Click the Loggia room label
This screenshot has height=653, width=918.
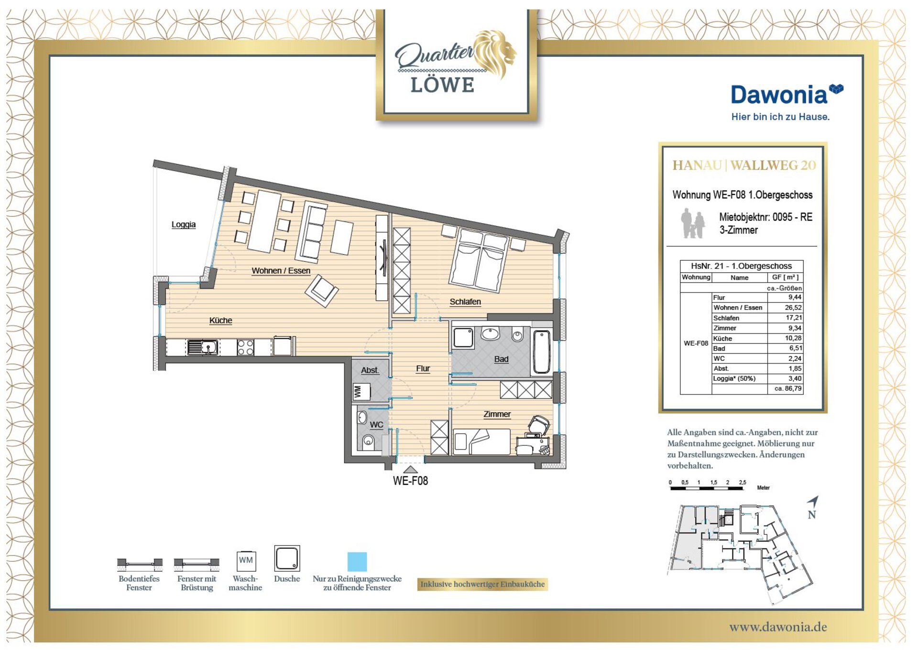point(184,225)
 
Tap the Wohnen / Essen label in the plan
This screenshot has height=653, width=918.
point(281,271)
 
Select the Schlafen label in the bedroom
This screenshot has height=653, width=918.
point(465,302)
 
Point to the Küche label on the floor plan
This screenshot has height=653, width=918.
point(220,321)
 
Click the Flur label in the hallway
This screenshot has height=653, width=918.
point(423,369)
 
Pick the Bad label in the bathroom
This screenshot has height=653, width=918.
point(501,359)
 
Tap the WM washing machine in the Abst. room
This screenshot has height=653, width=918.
point(361,392)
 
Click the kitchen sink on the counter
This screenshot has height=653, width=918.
point(203,347)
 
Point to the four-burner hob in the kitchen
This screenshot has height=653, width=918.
point(245,347)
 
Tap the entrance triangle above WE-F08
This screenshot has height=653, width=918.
point(410,470)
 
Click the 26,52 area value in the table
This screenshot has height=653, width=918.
point(793,308)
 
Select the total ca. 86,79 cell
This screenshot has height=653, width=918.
point(788,388)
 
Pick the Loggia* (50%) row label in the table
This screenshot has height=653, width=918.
point(734,378)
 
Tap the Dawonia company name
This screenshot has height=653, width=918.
point(779,95)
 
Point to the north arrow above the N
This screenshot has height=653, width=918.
point(813,502)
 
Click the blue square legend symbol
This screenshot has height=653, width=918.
point(357,562)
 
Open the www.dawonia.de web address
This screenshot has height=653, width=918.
point(778,627)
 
